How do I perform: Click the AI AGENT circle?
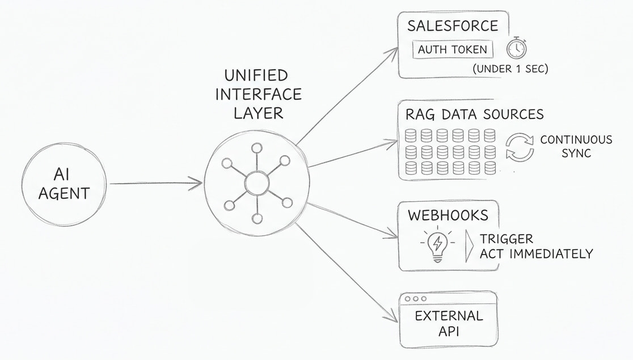(x=64, y=184)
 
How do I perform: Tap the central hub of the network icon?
(x=257, y=183)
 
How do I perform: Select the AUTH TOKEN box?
(x=453, y=49)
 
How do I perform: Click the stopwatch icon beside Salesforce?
(x=517, y=48)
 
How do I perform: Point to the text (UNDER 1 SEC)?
(x=510, y=69)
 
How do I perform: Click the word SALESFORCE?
(x=453, y=26)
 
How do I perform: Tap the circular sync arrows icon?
(x=520, y=147)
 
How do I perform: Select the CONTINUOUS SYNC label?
(x=576, y=146)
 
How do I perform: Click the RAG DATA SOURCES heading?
(x=474, y=114)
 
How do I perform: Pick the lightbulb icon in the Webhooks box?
(x=438, y=245)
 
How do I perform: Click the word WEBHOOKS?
(x=448, y=215)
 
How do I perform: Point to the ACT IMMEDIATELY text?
(x=536, y=254)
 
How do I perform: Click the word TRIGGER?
(x=507, y=239)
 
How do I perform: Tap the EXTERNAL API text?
(x=449, y=323)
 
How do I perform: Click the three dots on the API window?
(x=415, y=299)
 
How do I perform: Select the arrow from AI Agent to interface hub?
(x=156, y=184)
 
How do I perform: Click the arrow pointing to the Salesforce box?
(x=347, y=96)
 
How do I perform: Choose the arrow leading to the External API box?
(x=347, y=273)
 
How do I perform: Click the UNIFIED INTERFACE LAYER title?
(x=259, y=95)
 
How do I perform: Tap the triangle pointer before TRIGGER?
(x=469, y=246)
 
